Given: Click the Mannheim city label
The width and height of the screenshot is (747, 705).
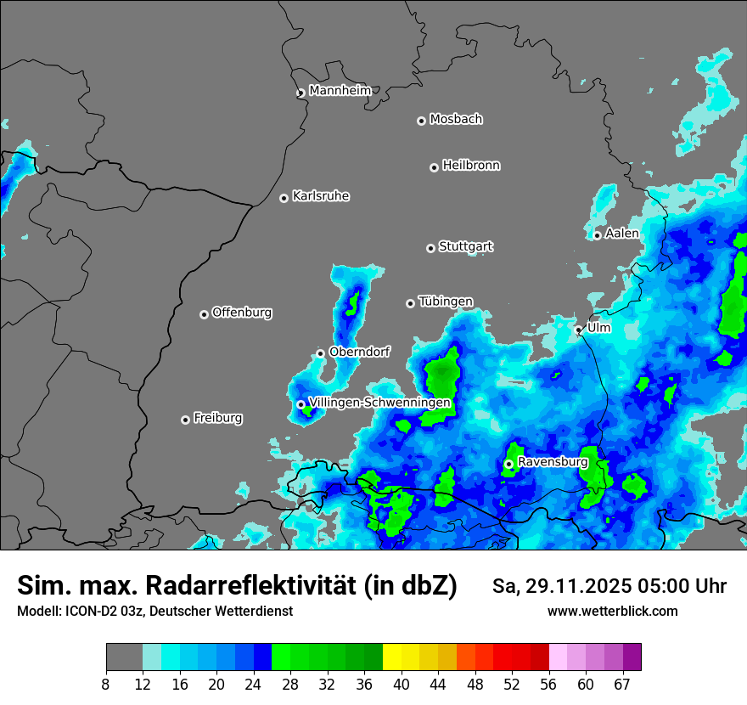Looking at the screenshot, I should point(340,91).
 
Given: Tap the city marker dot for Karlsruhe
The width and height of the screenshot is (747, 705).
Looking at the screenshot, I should point(284,199).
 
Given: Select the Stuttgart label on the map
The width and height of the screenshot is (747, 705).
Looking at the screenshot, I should point(465,247).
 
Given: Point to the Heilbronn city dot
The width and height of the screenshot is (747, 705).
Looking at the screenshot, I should point(434,168).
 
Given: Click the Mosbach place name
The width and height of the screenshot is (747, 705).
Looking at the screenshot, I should point(456,120).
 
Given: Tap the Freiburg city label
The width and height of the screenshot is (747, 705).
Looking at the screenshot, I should point(217,418).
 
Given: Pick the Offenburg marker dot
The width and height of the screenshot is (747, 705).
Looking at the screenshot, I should point(204,314).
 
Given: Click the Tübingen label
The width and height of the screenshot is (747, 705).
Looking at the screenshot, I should point(446,302).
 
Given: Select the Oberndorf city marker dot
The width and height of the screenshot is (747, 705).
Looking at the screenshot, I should point(320,353).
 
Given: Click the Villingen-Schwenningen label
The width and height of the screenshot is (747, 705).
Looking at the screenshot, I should point(379,403).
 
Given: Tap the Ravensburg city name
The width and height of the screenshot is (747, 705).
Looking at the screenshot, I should point(553,462).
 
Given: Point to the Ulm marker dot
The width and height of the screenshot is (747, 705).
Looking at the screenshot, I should point(578,330).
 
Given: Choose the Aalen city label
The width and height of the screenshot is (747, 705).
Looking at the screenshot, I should point(622,234).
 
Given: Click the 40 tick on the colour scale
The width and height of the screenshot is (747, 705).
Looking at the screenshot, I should point(402,685).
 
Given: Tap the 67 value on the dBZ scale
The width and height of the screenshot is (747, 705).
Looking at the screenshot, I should point(622,685).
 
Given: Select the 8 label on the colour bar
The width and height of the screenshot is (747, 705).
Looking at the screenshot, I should point(106,685).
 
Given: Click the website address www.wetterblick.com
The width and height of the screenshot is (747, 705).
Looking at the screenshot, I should point(613,612).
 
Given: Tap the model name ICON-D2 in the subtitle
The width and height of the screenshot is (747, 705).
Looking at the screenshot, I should point(90,612).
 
